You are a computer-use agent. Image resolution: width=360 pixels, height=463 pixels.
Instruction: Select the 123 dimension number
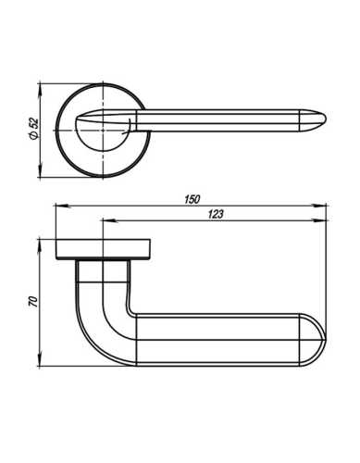[x=217, y=214]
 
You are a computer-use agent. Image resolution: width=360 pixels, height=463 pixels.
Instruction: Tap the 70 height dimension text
[x=33, y=302]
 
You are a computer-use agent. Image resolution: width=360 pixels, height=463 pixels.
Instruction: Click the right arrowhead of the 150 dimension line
[x=328, y=206]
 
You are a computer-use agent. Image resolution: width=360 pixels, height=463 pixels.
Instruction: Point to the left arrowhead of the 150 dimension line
[x=57, y=206]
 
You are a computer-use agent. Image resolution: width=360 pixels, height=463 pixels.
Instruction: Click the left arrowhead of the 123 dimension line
[x=101, y=220]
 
